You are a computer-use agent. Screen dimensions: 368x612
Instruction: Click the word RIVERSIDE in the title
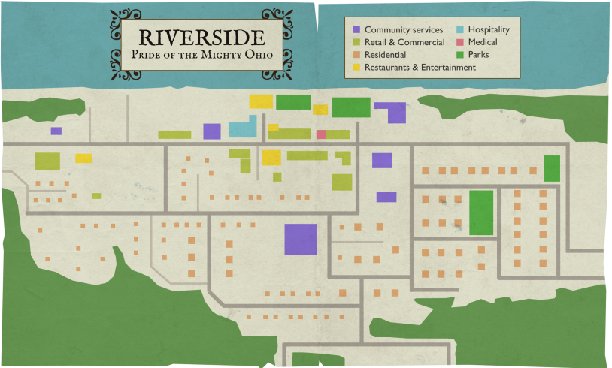pos(201,37)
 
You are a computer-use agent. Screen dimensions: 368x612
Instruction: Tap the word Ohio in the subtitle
pos(256,55)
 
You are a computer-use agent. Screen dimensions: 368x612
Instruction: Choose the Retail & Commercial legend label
pos(404,42)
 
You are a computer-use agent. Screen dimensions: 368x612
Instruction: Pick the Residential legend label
pos(385,55)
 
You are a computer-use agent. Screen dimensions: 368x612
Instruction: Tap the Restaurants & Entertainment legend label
pos(420,67)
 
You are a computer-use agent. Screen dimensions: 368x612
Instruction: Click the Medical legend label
pos(482,42)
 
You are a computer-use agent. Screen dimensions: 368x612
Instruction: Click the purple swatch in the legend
pos(356,29)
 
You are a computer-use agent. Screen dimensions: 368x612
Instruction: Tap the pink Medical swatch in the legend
pos(459,42)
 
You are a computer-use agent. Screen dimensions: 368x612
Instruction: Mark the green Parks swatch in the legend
pos(459,55)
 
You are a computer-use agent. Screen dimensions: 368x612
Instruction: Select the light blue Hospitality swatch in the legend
pos(459,29)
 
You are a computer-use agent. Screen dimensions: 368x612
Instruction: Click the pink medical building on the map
pos(321,134)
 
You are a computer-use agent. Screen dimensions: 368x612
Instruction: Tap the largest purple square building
pos(300,239)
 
